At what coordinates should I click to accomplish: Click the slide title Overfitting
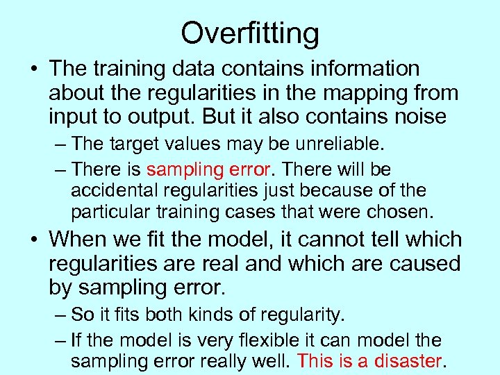(250, 33)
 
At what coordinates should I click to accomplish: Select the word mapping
(367, 92)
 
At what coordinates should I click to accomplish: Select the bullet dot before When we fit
(33, 240)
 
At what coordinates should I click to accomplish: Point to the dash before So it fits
(61, 315)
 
